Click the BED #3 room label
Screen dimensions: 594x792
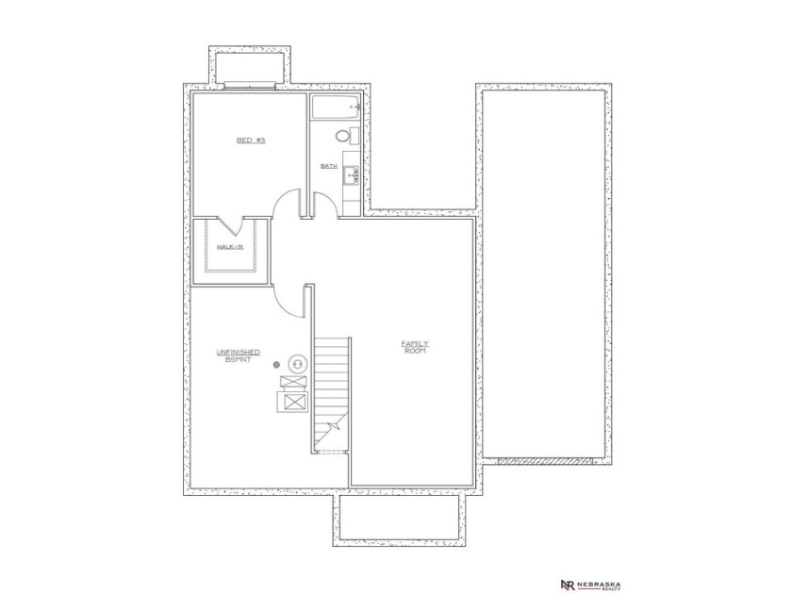coord(251,140)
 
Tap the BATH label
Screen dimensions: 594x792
coord(328,166)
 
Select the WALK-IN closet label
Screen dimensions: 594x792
coord(230,247)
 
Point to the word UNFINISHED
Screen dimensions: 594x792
coord(238,352)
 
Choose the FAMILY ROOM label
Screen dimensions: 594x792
coord(416,347)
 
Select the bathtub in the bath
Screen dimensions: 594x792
coord(334,108)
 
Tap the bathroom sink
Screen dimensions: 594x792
coord(350,173)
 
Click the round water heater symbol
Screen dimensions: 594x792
coord(296,363)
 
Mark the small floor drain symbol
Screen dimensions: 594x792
coord(276,363)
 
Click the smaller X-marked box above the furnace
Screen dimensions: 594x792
coord(291,383)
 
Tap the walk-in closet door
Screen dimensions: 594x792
coord(231,227)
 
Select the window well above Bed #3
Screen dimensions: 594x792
coord(247,68)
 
